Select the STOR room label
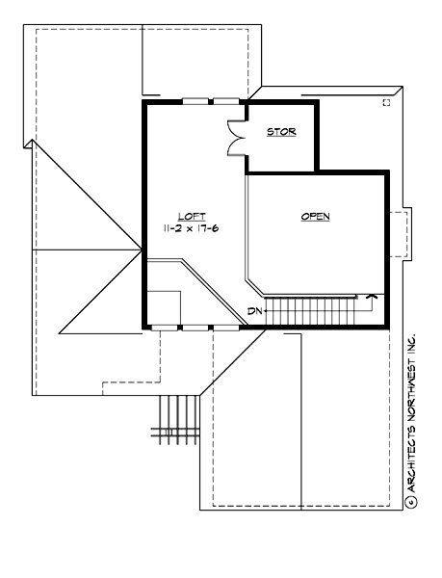281,132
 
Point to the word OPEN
315,217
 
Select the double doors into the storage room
235,138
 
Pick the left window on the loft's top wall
195,100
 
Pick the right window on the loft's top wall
225,100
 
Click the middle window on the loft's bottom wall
195,328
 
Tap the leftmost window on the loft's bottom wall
165,328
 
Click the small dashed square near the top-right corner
386,101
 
